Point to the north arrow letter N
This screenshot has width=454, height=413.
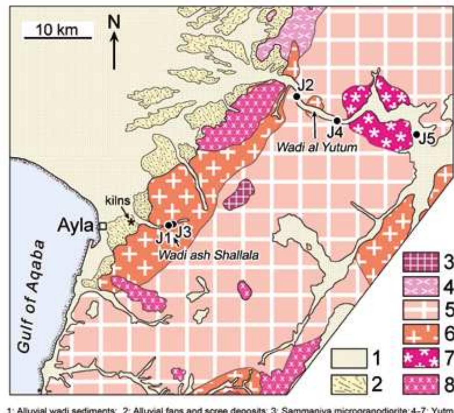coord(114,23)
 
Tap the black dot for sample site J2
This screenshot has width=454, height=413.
coord(296,97)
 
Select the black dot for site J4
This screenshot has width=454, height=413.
coord(337,121)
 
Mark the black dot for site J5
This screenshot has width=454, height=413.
coord(417,134)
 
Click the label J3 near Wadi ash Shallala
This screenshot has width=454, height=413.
coord(183,232)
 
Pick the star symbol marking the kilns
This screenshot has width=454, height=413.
coord(131,222)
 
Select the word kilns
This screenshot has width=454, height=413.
coord(118,201)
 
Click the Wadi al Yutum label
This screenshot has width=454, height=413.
coord(317,147)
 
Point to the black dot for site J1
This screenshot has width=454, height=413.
coord(168,225)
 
